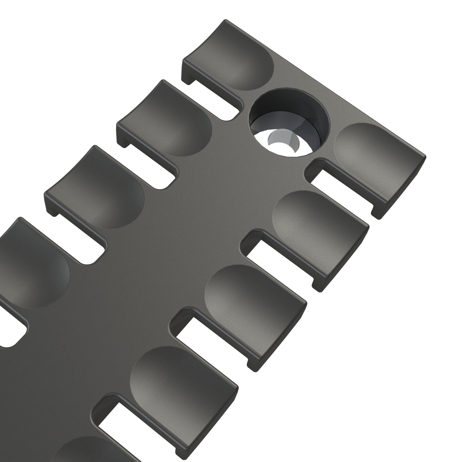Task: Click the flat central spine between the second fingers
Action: [x=224, y=179]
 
